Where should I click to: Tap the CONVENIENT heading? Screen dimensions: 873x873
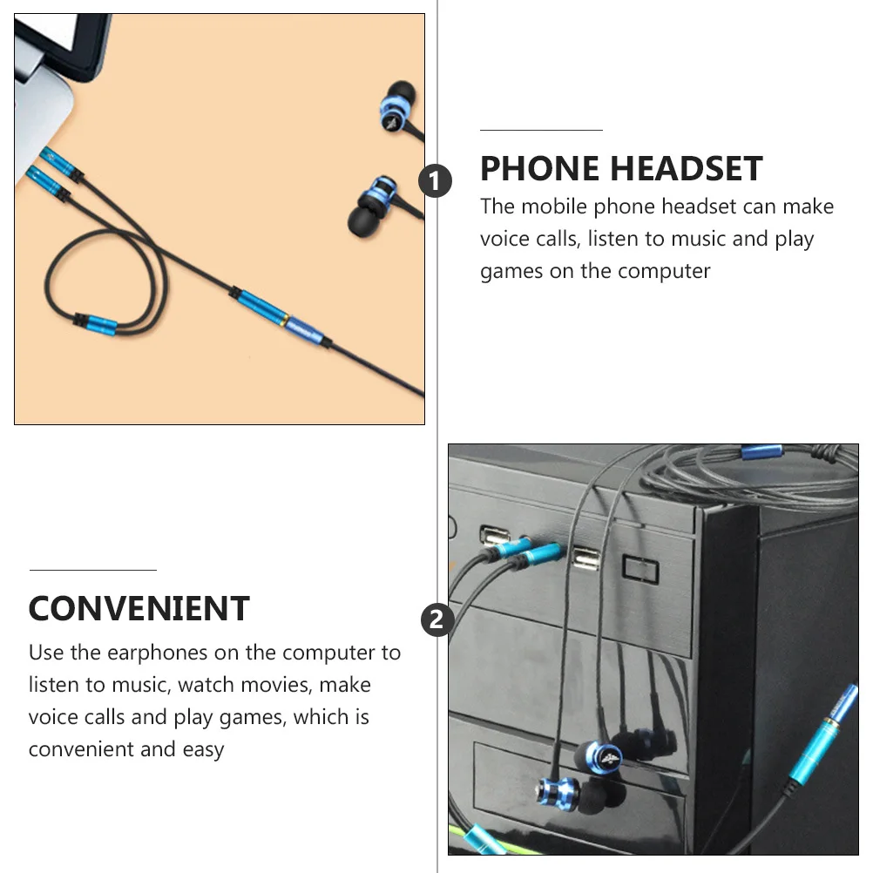click(139, 608)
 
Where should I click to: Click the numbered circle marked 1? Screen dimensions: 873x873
click(436, 182)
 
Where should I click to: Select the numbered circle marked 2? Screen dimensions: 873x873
click(436, 620)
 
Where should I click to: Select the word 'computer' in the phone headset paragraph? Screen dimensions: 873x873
click(667, 271)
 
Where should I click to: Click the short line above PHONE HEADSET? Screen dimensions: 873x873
click(541, 130)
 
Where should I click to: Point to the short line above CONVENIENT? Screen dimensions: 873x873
click(92, 570)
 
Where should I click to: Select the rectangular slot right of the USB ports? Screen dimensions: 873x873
click(640, 568)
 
